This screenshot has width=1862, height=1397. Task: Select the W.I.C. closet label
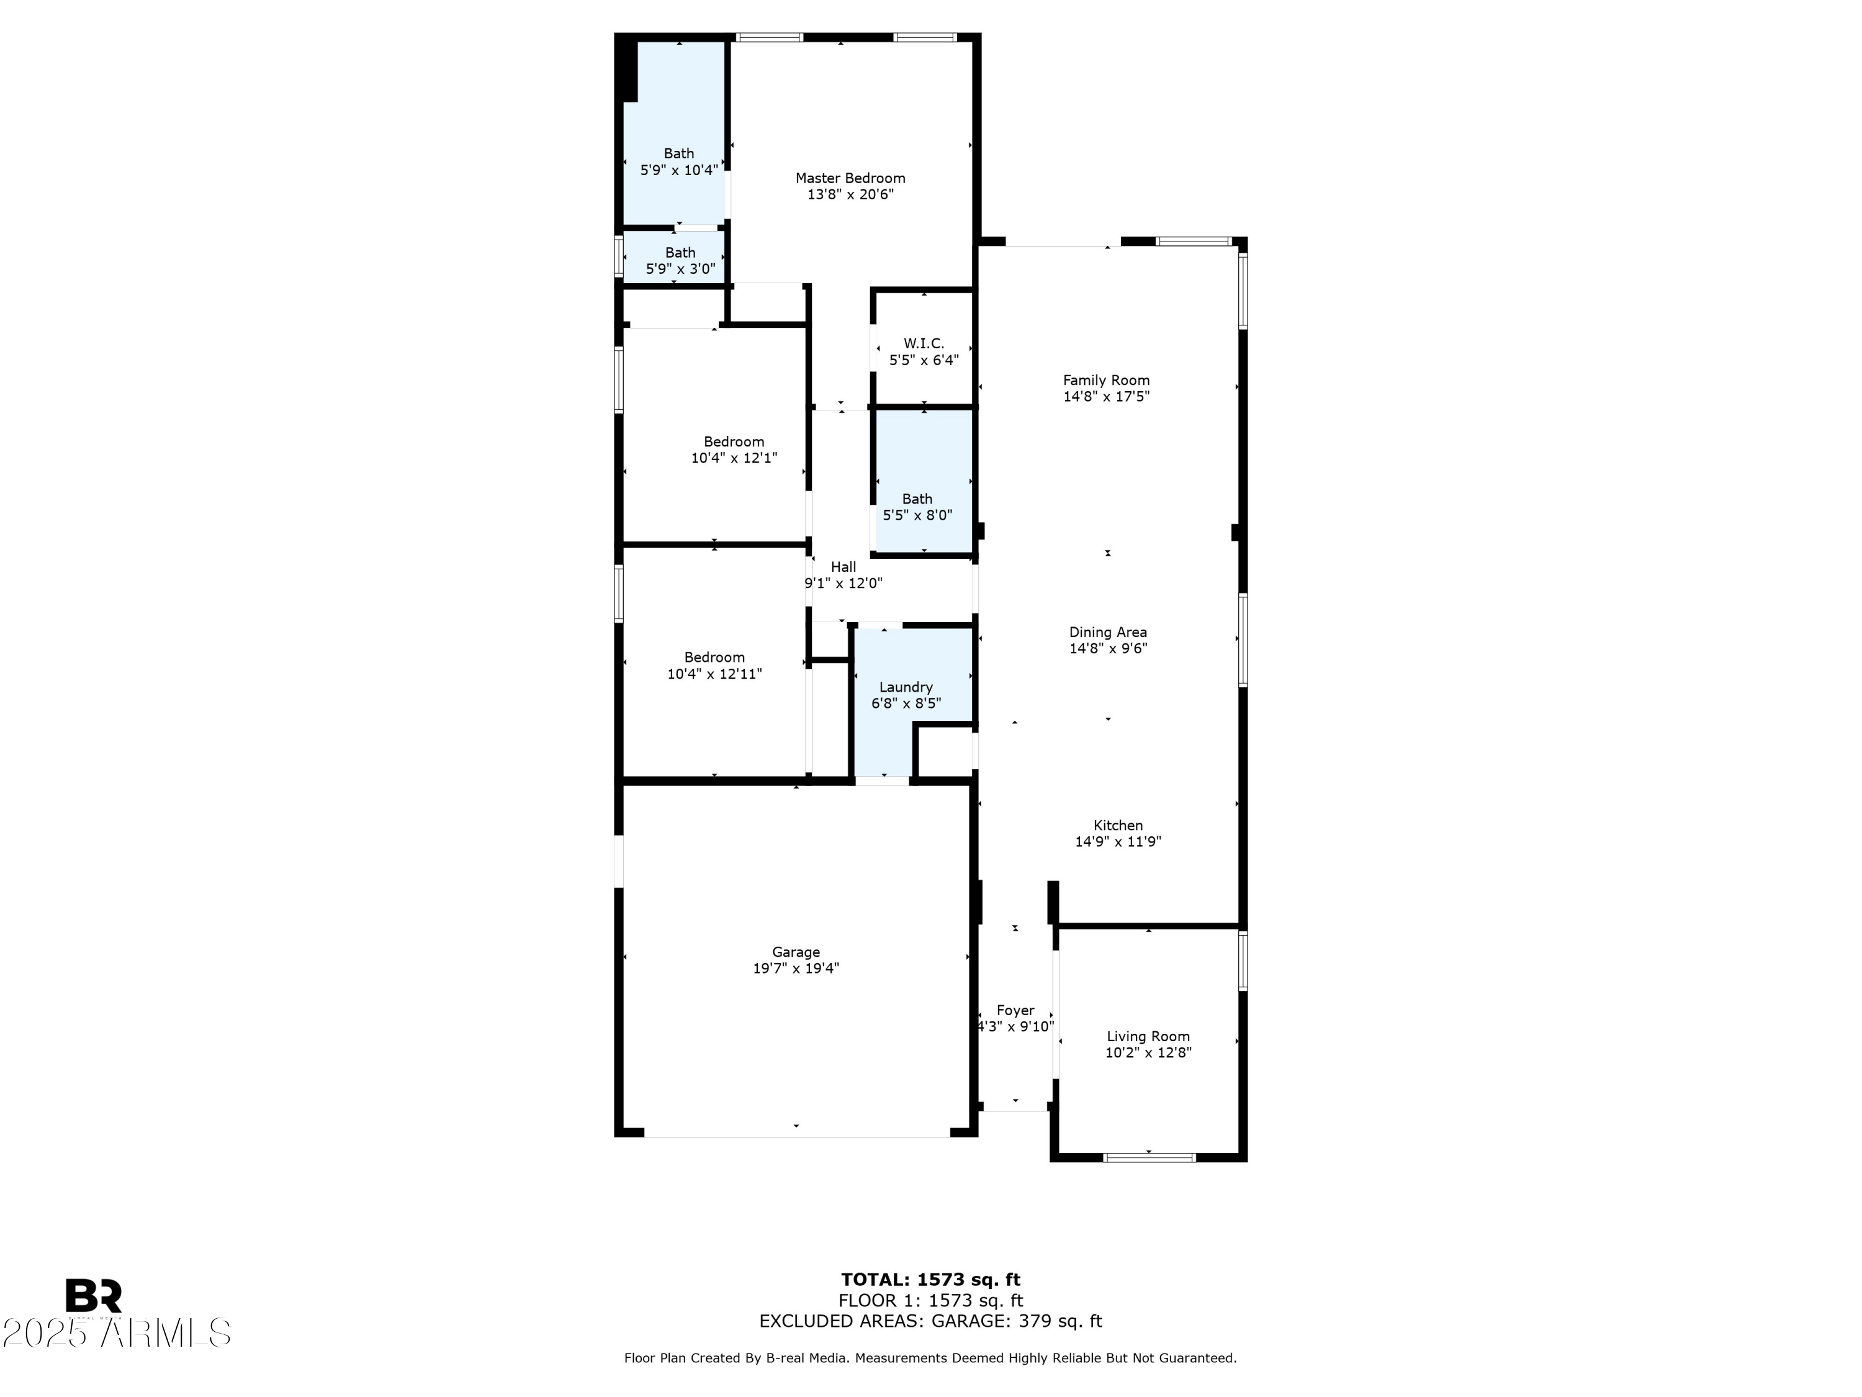point(924,343)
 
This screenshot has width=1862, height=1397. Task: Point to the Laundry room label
point(906,687)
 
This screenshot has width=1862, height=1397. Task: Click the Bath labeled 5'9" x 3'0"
point(680,261)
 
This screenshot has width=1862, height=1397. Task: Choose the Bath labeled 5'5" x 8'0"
point(917,507)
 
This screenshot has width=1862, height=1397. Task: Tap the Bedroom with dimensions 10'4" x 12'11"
point(714,665)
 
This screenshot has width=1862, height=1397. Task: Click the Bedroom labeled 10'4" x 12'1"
point(734,450)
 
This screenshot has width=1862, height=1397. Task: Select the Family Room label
point(1106,381)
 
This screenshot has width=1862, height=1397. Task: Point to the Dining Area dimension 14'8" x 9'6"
point(1108,648)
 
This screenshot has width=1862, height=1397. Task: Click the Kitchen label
point(1118,825)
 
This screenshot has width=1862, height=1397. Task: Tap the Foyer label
point(1015,1010)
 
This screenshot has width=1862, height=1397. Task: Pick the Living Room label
point(1148,1037)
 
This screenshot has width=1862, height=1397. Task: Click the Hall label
point(843,567)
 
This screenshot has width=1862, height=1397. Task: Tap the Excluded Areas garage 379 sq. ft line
point(930,1321)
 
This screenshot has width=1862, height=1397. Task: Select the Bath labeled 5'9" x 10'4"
point(678,161)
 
